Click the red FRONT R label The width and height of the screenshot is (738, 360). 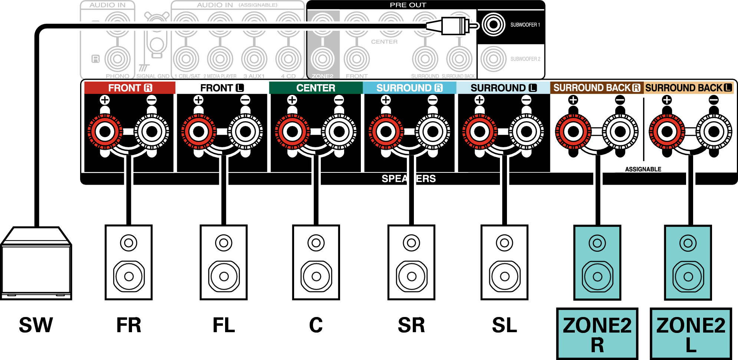click(x=130, y=88)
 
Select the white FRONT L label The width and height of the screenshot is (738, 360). click(x=222, y=88)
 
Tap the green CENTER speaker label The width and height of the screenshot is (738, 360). click(x=316, y=88)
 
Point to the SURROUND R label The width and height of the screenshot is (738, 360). click(x=409, y=88)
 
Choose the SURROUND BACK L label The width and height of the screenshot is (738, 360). click(x=688, y=88)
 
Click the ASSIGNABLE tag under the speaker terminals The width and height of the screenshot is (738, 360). click(x=643, y=169)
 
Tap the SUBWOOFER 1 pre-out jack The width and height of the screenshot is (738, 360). click(x=493, y=25)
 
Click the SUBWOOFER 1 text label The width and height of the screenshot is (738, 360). click(x=525, y=25)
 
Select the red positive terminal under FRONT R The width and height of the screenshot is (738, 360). click(x=105, y=131)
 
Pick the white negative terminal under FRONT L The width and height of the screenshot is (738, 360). click(x=245, y=131)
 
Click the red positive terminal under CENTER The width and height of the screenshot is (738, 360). click(x=292, y=131)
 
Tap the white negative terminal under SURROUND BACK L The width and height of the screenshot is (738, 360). click(x=714, y=131)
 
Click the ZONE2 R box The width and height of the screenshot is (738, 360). click(x=597, y=334)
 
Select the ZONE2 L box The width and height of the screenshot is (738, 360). click(x=691, y=334)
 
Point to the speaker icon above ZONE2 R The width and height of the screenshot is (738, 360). click(x=597, y=262)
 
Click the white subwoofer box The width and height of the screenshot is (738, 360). click(x=36, y=267)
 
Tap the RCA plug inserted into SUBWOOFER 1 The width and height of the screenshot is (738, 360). click(x=452, y=26)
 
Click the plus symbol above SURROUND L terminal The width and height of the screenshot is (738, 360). click(x=480, y=100)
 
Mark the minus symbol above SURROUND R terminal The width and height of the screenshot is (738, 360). click(x=432, y=100)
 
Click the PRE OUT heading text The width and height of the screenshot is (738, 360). click(x=408, y=5)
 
